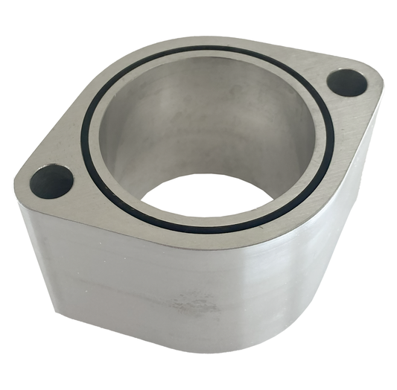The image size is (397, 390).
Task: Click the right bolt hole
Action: pyautogui.click(x=347, y=83)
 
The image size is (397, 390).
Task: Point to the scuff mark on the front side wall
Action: pyautogui.click(x=191, y=304)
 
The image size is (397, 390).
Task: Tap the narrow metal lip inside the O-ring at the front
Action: pyautogui.click(x=209, y=220)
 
